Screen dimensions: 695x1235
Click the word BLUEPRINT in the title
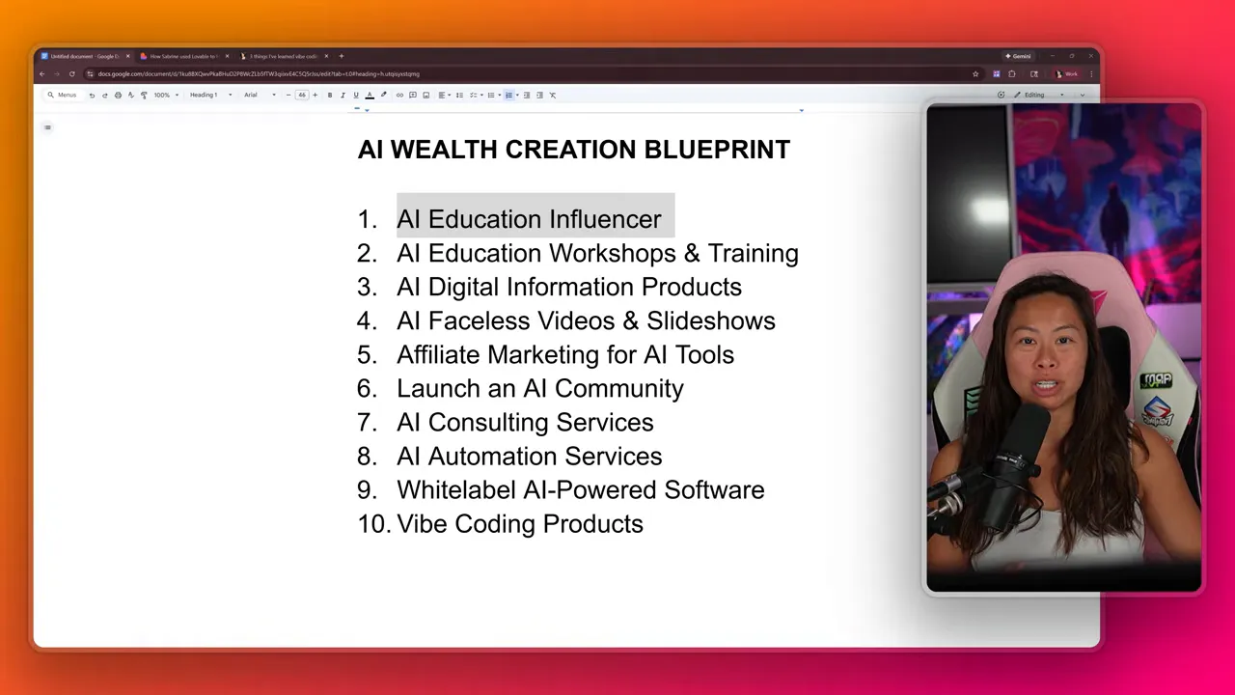click(717, 150)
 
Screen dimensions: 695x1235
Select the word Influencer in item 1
click(598, 219)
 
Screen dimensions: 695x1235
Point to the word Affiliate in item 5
click(439, 355)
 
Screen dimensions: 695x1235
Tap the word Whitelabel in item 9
click(456, 490)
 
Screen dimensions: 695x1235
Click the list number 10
click(374, 524)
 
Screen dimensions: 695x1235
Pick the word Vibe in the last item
click(422, 524)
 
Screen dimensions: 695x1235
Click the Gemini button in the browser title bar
click(1018, 56)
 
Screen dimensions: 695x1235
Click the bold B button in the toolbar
click(330, 95)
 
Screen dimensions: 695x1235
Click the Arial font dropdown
click(259, 95)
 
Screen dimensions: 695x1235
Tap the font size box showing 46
click(302, 95)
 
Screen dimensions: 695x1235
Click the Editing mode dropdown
click(1042, 95)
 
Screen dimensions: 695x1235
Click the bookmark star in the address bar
click(975, 73)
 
